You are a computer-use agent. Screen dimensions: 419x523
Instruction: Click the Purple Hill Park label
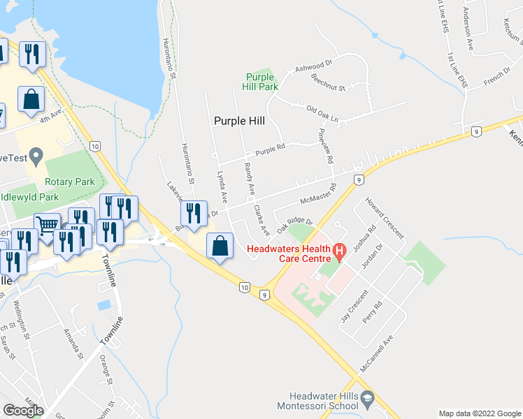[261, 82]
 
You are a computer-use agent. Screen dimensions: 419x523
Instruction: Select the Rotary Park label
[69, 182]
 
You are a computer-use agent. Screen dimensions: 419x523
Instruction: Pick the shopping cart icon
[48, 226]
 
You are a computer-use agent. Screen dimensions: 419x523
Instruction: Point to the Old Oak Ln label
[322, 114]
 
